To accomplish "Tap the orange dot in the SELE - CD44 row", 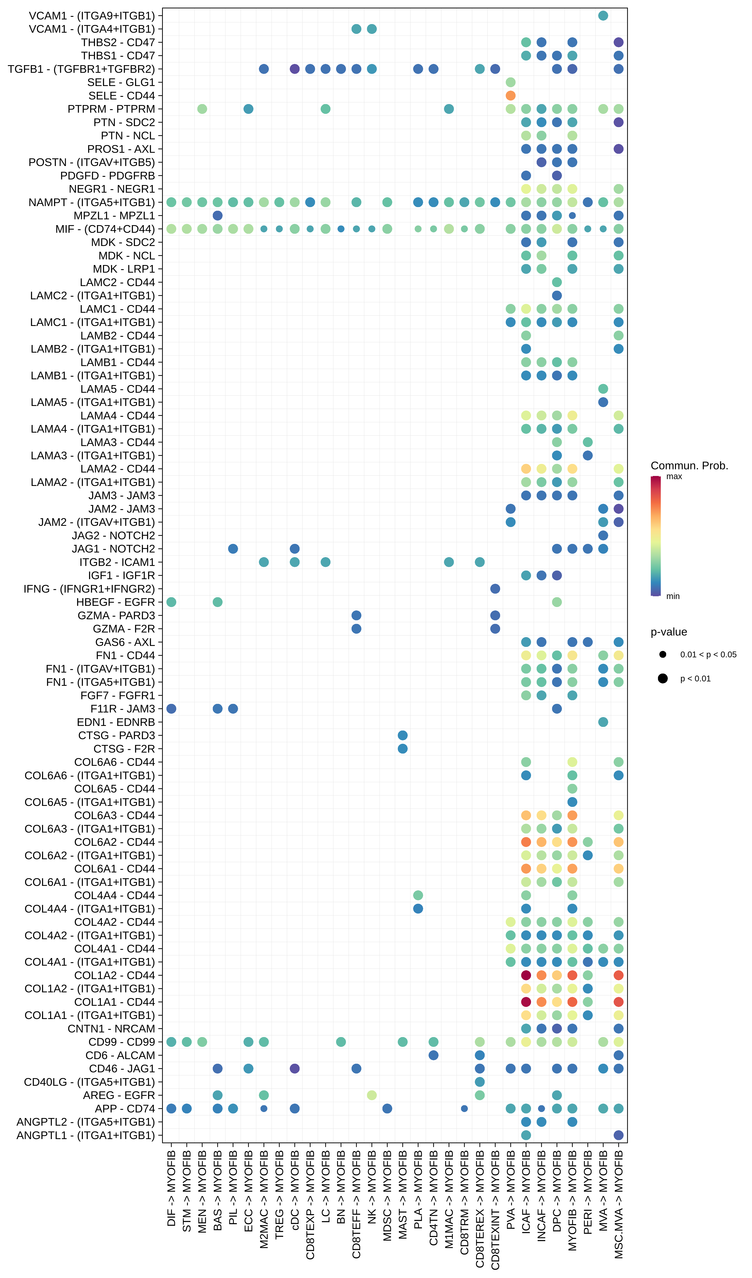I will [x=511, y=95].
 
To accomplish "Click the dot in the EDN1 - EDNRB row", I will [x=603, y=722].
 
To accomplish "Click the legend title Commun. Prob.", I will [x=689, y=465].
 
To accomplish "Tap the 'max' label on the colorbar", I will [x=674, y=476].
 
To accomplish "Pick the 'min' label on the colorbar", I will [x=673, y=596].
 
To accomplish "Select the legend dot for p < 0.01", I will [x=663, y=679].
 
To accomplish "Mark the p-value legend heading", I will [x=669, y=632].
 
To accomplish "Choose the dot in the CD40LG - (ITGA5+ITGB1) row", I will [x=479, y=1082].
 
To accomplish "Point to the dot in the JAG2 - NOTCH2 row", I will [x=603, y=535].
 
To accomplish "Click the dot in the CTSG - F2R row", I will [x=402, y=749].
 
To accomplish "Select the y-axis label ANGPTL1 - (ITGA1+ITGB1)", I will [x=86, y=1135].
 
